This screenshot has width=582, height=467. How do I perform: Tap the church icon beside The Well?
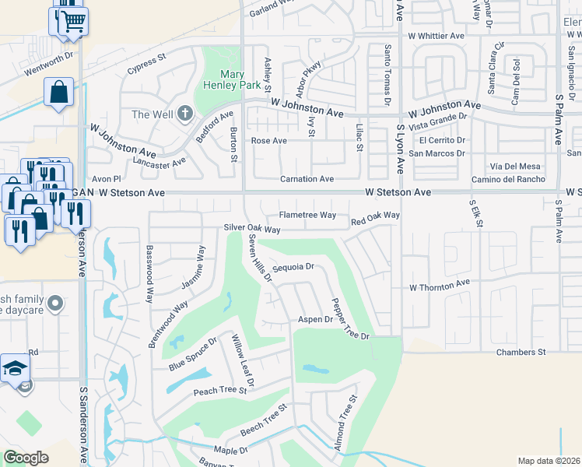(x=184, y=114)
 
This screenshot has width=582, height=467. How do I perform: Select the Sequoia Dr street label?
(x=293, y=266)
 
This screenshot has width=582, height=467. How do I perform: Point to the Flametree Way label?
(x=307, y=215)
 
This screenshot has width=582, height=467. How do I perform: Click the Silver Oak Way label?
(x=251, y=229)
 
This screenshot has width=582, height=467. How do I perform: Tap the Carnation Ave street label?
(x=307, y=179)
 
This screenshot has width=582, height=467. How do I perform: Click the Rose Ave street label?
(x=268, y=141)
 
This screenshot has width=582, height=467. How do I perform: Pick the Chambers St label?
(x=521, y=353)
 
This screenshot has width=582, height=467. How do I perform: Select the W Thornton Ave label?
(x=440, y=286)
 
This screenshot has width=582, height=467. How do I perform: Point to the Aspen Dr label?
(x=315, y=320)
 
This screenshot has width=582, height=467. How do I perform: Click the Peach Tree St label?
(x=220, y=391)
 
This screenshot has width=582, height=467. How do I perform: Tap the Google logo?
(x=26, y=458)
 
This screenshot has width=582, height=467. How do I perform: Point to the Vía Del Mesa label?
(x=515, y=166)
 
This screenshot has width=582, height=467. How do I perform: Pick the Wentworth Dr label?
(x=48, y=55)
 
